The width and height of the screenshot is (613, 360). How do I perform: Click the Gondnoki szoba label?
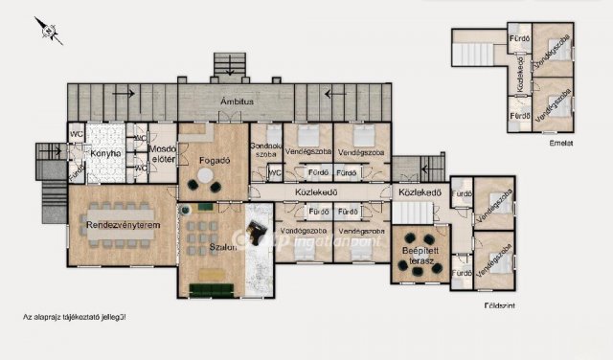coord(265,149)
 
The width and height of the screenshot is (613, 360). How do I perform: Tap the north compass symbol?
coord(48,32)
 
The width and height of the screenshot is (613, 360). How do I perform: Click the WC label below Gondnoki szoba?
coord(274,173)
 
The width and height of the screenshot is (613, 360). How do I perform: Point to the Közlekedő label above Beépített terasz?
coord(419,192)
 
